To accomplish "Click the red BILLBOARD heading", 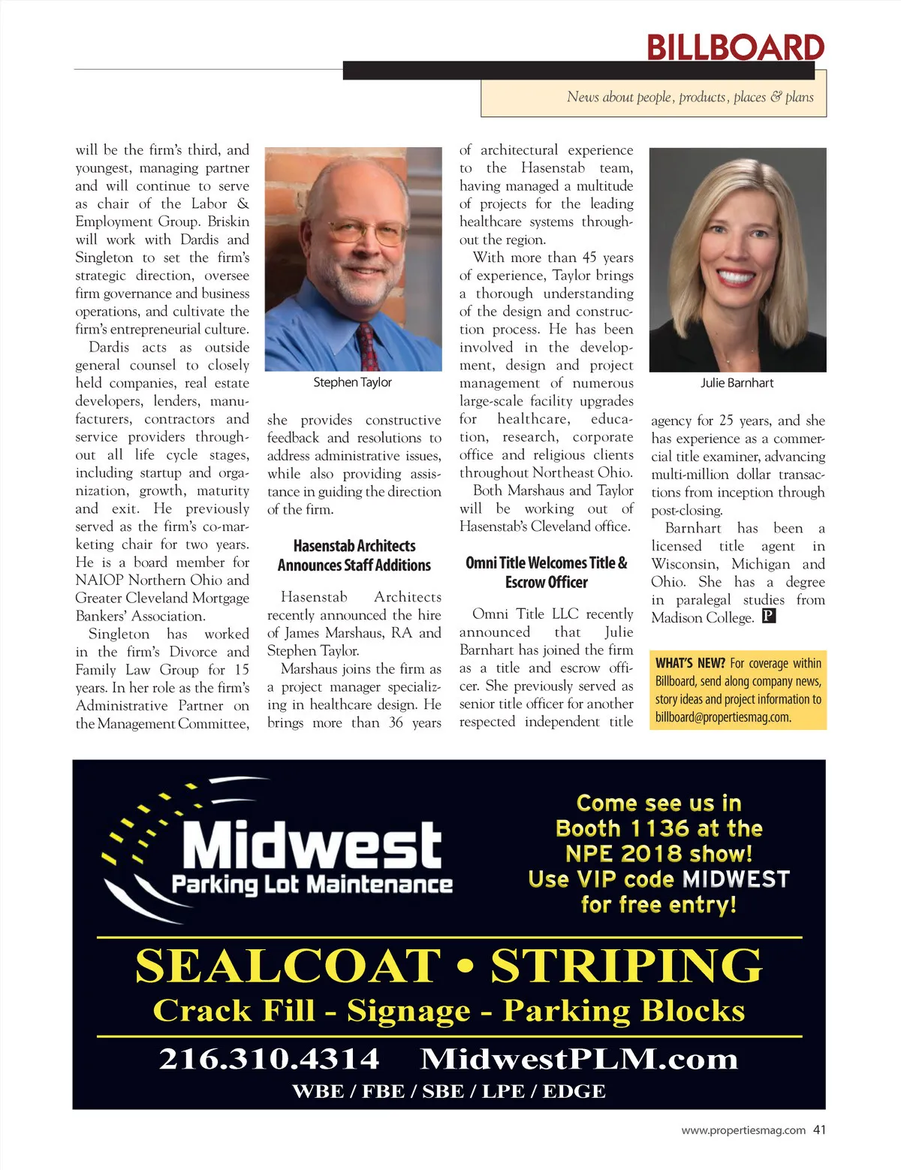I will [735, 47].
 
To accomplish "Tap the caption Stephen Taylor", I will [352, 382].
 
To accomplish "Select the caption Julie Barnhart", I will [737, 382].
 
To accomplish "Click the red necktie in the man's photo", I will [367, 346].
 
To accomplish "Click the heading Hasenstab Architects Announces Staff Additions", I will [354, 556].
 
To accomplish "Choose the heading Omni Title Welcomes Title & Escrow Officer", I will [546, 572].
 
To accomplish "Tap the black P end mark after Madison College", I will [768, 617].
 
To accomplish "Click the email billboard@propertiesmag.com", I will [722, 717].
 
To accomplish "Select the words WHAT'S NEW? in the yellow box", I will [690, 663].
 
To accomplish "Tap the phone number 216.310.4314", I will [269, 1059].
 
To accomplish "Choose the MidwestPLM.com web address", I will [579, 1059].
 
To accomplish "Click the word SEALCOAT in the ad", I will [288, 966].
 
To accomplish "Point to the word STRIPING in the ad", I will [626, 966].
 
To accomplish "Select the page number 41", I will [819, 1129].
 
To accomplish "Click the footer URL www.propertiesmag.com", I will [743, 1130].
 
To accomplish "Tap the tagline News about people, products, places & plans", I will [690, 97].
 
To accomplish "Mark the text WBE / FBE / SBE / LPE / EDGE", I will [449, 1091].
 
